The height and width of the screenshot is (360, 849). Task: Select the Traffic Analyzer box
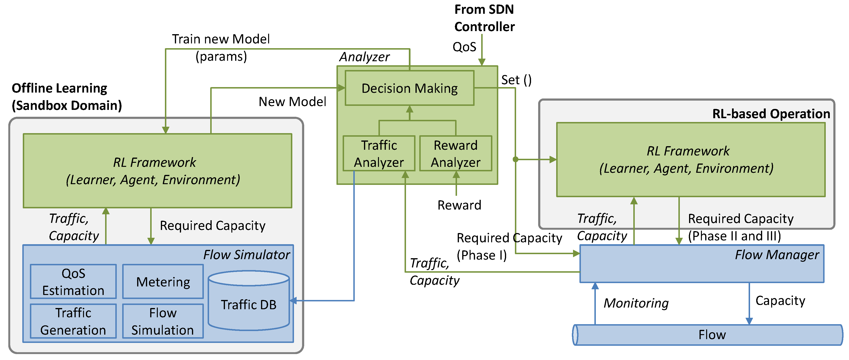tap(379, 154)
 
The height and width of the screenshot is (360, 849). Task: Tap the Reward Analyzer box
tap(456, 154)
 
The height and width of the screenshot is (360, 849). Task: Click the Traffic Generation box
tap(73, 321)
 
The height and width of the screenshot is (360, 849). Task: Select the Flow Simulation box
tap(163, 321)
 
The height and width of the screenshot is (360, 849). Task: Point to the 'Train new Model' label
tap(221, 39)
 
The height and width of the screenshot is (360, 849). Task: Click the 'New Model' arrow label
tap(292, 102)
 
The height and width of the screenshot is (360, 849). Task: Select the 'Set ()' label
tap(516, 80)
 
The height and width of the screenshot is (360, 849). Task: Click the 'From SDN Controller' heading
tap(484, 18)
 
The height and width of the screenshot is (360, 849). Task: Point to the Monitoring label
tap(636, 303)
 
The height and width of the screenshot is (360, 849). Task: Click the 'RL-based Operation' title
tap(771, 114)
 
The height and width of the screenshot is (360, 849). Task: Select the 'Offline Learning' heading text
tap(59, 88)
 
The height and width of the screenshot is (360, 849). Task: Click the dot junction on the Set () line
tap(515, 159)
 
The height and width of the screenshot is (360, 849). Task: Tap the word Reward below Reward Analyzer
tap(459, 205)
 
